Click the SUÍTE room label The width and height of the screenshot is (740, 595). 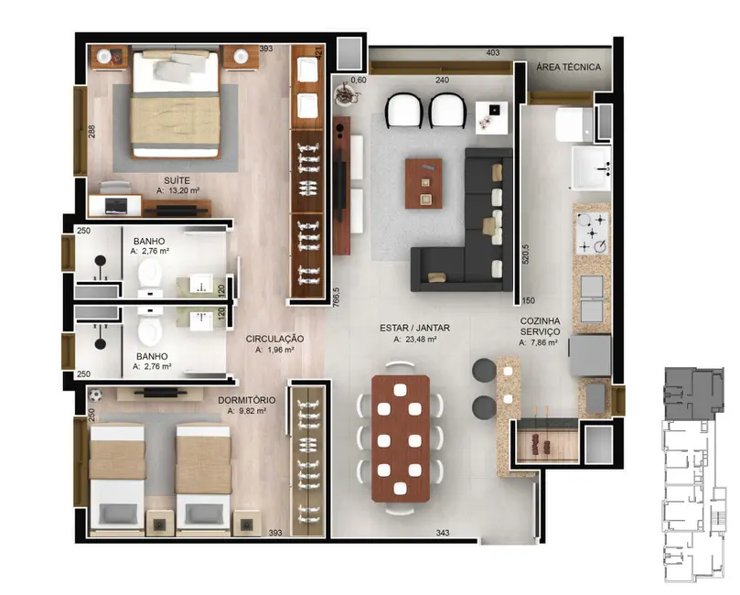pyautogui.click(x=176, y=179)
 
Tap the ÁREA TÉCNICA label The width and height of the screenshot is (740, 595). pyautogui.click(x=568, y=67)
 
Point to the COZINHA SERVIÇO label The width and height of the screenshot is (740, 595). pyautogui.click(x=540, y=325)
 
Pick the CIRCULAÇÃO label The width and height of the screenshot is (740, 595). pyautogui.click(x=274, y=338)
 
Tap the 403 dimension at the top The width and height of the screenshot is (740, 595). pyautogui.click(x=492, y=54)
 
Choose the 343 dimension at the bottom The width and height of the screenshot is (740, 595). pyautogui.click(x=443, y=532)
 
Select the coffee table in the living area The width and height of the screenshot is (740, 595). pyautogui.click(x=424, y=181)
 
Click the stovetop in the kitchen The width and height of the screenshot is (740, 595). pyautogui.click(x=590, y=233)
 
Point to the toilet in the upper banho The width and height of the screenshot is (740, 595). pyautogui.click(x=149, y=273)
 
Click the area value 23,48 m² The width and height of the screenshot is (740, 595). pyautogui.click(x=414, y=339)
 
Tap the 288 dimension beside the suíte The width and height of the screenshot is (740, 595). pyautogui.click(x=91, y=132)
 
